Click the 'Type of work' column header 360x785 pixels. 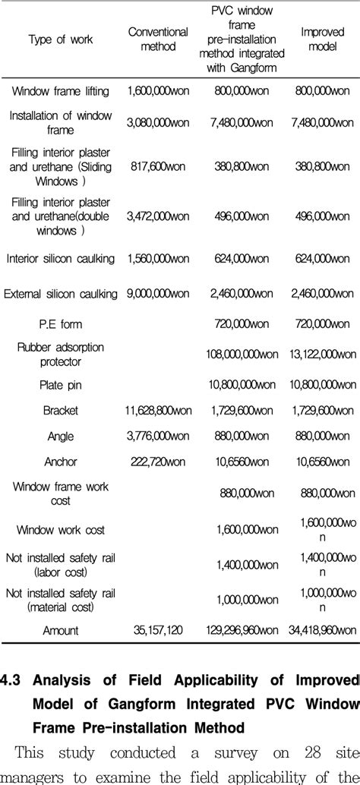61,39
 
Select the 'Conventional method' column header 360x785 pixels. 158,39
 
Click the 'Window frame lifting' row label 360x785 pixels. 61,91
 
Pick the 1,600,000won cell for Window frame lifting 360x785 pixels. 158,91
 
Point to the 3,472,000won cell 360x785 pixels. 158,216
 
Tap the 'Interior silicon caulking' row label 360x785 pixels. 61,259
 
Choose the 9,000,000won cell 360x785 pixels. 158,294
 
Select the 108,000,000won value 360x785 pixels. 242,354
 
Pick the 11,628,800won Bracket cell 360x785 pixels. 158,410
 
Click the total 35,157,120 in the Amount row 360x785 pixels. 158,629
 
